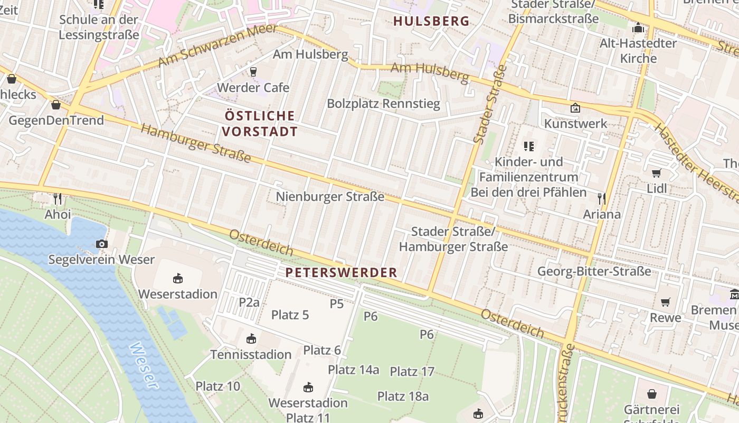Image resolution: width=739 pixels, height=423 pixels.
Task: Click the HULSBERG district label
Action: (x=431, y=21)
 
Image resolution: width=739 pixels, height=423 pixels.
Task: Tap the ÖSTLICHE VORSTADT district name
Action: (x=260, y=123)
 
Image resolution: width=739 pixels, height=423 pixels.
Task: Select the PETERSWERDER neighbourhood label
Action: (x=341, y=273)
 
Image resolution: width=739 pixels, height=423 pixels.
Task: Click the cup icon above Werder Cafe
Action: (x=253, y=72)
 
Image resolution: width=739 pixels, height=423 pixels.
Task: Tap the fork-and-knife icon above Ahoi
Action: (x=58, y=199)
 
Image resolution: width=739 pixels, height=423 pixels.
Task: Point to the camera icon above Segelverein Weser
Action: (x=102, y=244)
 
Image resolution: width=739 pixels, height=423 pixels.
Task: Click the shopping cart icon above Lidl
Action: (x=657, y=173)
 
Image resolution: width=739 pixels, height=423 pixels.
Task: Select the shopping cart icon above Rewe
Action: (x=666, y=302)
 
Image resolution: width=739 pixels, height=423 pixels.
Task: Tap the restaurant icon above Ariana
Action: (x=601, y=199)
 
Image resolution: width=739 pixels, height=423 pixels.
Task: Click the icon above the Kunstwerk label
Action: (x=575, y=108)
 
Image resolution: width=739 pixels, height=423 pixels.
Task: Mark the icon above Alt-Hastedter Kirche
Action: (x=638, y=27)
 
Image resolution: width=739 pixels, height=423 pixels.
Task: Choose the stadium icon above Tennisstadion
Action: (x=251, y=338)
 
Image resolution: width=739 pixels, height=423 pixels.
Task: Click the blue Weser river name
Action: (x=144, y=366)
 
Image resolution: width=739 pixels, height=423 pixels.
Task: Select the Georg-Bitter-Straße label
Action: (x=594, y=272)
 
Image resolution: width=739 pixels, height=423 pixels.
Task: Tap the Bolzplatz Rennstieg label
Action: (x=383, y=104)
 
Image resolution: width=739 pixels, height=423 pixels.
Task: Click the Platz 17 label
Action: (x=412, y=372)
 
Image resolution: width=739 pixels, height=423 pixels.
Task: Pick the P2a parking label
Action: (x=249, y=302)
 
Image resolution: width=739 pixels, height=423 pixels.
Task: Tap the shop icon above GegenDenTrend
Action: (x=56, y=105)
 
